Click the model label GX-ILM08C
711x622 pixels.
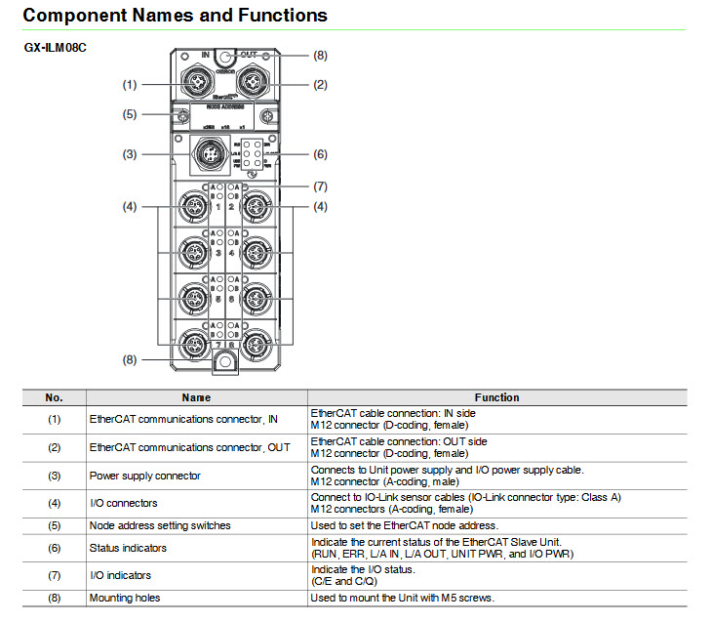55,47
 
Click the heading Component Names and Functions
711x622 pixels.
175,16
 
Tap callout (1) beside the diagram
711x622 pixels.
130,85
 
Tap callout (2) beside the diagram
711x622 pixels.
320,85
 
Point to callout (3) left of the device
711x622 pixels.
130,154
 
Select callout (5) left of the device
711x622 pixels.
130,114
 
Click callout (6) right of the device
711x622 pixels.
320,154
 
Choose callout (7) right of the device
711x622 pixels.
320,186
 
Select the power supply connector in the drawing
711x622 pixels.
208,153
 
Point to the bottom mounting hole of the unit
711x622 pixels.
223,361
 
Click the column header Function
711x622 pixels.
496,397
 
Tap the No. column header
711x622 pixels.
54,397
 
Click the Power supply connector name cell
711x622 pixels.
144,477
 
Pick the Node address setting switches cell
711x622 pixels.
160,525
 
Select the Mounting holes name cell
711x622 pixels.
125,598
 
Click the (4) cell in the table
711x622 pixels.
54,504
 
